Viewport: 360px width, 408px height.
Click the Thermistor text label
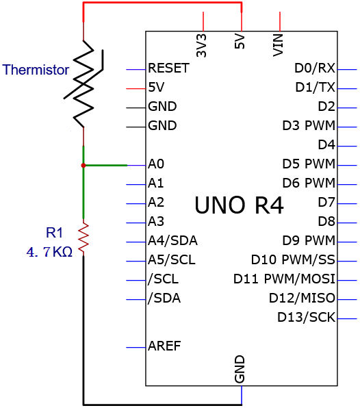click(36, 70)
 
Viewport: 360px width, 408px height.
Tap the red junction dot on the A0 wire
click(83, 166)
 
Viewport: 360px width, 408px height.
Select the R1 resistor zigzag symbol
click(83, 238)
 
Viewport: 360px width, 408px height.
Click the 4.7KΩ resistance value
click(49, 252)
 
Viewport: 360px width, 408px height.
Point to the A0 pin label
click(156, 164)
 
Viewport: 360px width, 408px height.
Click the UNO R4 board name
click(239, 205)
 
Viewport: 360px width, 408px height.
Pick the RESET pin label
click(168, 68)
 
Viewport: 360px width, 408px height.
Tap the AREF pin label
click(164, 346)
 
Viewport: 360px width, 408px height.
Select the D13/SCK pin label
click(306, 317)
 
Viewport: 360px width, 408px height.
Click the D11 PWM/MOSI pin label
click(284, 279)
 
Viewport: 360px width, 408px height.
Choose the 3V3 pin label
click(201, 46)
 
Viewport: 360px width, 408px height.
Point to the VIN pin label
click(278, 45)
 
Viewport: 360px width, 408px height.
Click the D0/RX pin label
click(315, 68)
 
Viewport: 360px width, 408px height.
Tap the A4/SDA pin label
click(172, 241)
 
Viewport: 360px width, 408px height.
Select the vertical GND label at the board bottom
click(240, 370)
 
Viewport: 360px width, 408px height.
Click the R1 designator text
click(54, 232)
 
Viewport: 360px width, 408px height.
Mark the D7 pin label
click(326, 202)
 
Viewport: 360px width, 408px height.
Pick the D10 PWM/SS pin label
click(293, 259)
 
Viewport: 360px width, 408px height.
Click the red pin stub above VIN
click(280, 21)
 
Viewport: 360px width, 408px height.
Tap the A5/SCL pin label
click(172, 259)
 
